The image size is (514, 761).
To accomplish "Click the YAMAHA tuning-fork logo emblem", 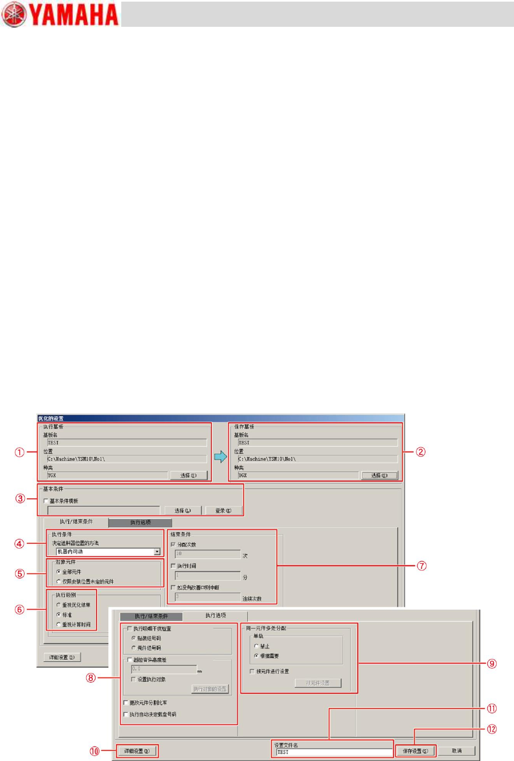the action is click(14, 14).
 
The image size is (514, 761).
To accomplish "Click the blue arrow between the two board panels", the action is click(221, 456).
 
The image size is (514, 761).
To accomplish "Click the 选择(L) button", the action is click(182, 511).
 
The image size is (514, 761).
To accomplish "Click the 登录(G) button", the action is click(223, 511).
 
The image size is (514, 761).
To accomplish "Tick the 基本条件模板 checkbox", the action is click(46, 501).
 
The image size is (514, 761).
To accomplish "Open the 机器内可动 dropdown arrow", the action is click(157, 552).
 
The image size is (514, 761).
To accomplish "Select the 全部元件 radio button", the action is click(58, 572).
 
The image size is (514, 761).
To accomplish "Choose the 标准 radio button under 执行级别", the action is click(58, 615).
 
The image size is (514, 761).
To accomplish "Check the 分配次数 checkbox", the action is click(173, 544).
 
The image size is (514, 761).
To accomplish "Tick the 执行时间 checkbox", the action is click(173, 566).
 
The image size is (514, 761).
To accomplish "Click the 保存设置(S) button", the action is click(415, 751).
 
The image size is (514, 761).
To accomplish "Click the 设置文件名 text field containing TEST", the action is click(334, 752).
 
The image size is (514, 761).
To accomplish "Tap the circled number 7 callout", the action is click(422, 566).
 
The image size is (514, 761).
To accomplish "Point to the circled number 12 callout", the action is click(491, 729).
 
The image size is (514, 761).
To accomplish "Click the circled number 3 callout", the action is click(20, 498).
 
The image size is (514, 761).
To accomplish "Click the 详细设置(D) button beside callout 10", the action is click(137, 751).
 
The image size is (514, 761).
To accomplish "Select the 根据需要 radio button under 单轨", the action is click(256, 656).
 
